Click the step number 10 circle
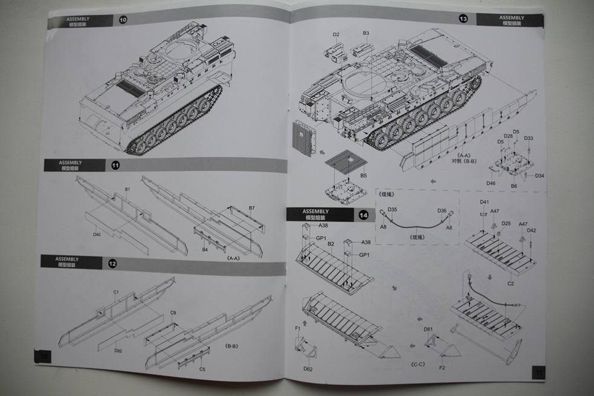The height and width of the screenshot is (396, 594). point(123,20)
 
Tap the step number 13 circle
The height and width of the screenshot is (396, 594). point(463,19)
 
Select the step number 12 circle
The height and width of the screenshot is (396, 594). point(113,263)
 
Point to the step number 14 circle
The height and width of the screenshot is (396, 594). point(363,214)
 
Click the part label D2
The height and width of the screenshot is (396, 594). point(336,34)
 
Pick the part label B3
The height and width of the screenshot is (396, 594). point(366,33)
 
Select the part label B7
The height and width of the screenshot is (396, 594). point(251,208)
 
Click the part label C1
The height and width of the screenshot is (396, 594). point(115,292)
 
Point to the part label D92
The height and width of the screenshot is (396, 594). point(118,350)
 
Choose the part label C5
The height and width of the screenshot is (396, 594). point(202,368)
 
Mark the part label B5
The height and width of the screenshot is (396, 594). point(364,175)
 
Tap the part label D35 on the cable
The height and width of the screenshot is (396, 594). point(392,209)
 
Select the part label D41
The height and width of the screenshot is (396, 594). point(485,202)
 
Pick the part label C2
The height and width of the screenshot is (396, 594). point(511,282)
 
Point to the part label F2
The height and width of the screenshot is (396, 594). point(441,366)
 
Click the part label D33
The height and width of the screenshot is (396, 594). point(529,138)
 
